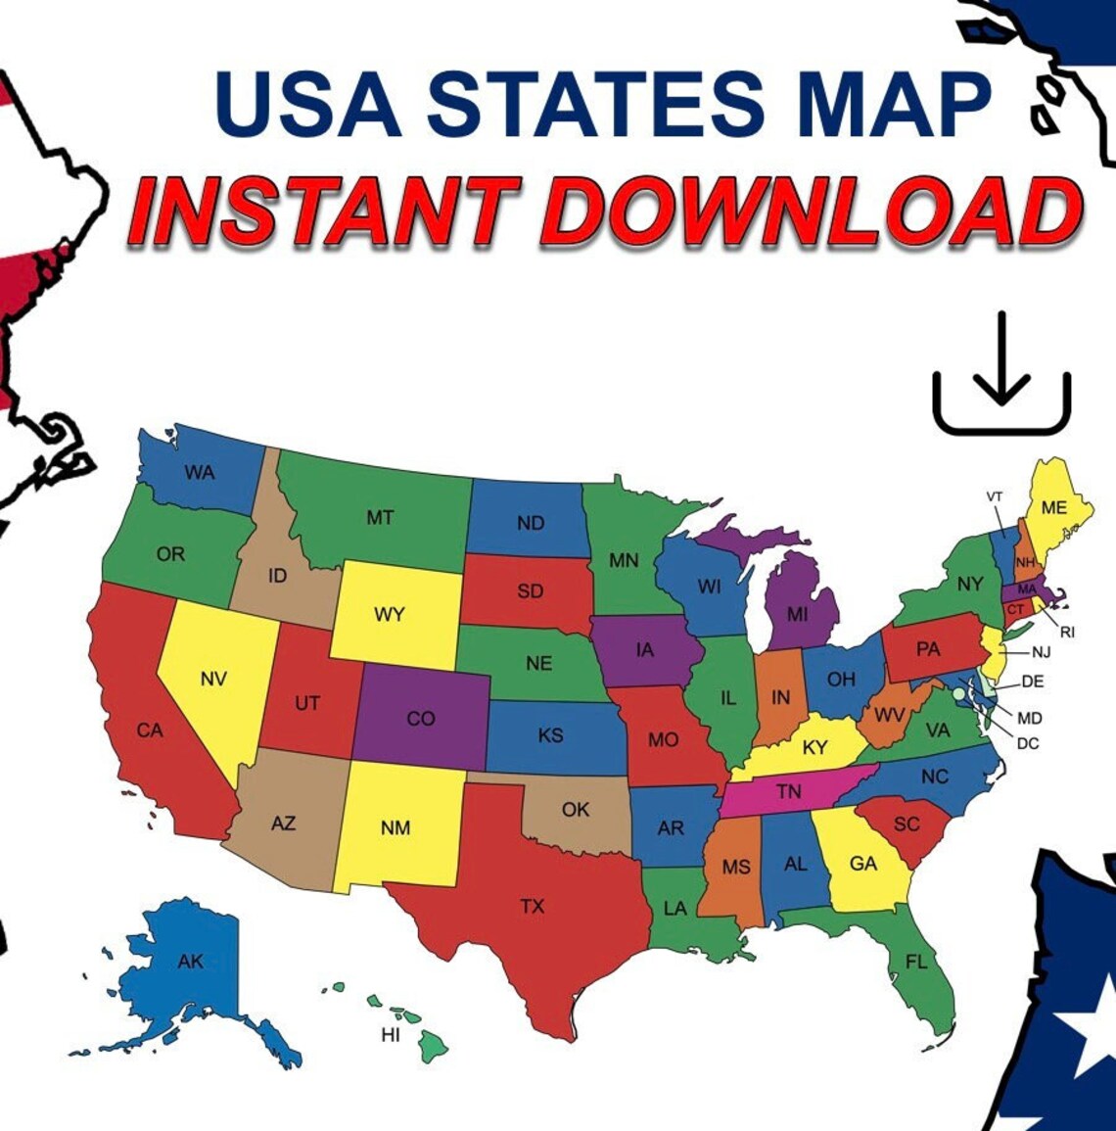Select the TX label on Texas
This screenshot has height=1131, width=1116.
(x=532, y=907)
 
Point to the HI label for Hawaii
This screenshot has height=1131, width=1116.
(x=391, y=1035)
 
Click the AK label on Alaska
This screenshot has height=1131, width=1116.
(x=191, y=962)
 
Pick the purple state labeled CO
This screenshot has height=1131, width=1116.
(x=421, y=718)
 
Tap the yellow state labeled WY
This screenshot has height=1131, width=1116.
(x=390, y=615)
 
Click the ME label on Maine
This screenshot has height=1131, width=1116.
(x=1054, y=507)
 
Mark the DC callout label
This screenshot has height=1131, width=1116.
(x=1027, y=743)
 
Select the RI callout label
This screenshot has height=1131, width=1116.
(x=1067, y=633)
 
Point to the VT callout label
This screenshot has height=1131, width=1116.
(x=995, y=497)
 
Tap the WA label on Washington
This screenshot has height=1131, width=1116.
(x=200, y=472)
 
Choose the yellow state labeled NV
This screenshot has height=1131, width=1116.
(x=213, y=679)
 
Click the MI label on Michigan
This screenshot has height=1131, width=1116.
(x=798, y=615)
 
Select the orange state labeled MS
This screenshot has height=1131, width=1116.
(x=736, y=868)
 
